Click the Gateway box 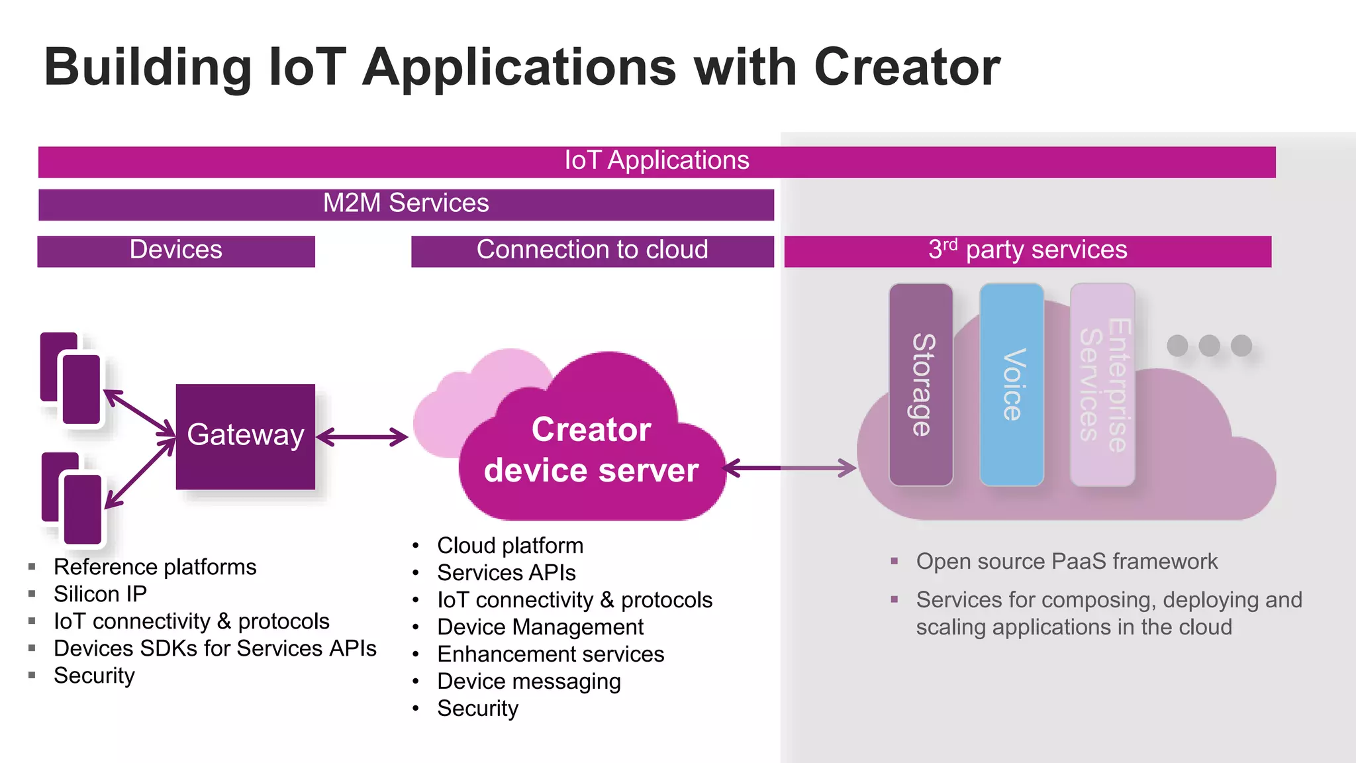245,436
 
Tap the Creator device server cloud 591,450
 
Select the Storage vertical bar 921,385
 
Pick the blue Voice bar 1012,385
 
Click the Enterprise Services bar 1102,385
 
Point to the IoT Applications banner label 656,161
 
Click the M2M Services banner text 406,203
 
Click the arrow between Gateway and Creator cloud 362,437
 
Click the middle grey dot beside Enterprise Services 1209,345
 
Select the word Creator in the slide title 906,68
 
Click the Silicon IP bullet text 100,594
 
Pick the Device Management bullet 540,627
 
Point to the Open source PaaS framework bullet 1066,562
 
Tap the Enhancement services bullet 550,654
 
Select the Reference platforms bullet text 155,567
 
